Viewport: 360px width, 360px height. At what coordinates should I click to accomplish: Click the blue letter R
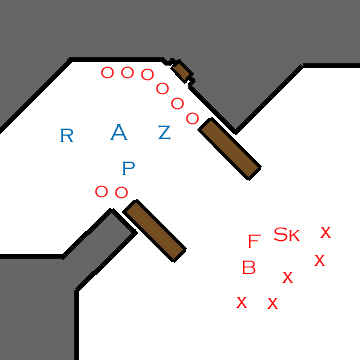67,136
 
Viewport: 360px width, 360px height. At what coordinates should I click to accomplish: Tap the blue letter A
119,132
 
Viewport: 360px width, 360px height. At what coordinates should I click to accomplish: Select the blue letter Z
164,132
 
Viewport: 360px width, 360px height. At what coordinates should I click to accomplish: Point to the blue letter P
128,168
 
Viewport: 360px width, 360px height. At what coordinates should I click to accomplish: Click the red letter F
254,241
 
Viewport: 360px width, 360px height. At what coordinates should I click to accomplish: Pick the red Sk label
286,235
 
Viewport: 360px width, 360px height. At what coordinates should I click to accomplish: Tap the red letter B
249,267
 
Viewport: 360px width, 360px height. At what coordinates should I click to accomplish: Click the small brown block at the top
182,70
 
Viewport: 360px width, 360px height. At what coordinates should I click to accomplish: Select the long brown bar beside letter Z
230,149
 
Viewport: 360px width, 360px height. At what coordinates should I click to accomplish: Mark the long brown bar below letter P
155,230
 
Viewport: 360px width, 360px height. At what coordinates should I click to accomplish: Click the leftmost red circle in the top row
107,72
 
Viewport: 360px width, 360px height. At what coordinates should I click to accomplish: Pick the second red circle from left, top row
127,72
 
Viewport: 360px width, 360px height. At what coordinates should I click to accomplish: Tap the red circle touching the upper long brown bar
192,118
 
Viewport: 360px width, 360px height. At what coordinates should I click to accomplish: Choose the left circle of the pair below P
101,191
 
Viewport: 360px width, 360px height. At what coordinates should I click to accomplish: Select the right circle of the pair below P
121,192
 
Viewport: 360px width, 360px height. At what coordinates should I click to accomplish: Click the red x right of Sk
325,232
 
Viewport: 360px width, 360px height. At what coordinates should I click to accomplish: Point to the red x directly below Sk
288,277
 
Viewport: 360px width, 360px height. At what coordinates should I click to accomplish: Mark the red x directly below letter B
241,301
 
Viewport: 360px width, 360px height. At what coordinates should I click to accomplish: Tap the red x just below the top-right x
319,260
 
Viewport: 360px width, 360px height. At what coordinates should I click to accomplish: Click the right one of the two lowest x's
272,303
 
